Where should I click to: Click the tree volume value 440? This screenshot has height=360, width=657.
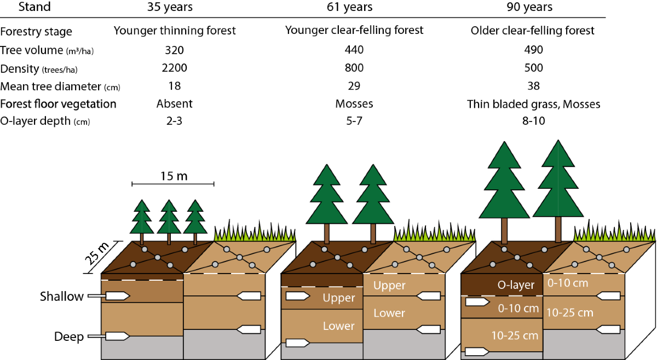[x=354, y=50]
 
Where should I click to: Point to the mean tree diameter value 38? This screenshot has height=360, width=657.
[x=532, y=86]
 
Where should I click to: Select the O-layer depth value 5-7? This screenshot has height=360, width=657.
[x=354, y=121]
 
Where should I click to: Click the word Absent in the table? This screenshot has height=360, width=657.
[x=175, y=104]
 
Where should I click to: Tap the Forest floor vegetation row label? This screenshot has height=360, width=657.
[x=58, y=104]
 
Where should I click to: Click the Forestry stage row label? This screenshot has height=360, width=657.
[x=36, y=31]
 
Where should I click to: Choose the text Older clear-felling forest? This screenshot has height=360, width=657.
[x=532, y=31]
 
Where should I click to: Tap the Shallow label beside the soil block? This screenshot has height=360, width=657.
[x=61, y=297]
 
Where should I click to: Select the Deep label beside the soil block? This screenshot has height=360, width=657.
[x=68, y=336]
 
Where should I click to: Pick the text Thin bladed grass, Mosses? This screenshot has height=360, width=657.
[x=533, y=104]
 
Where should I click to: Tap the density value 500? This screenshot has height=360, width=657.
[x=532, y=68]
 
